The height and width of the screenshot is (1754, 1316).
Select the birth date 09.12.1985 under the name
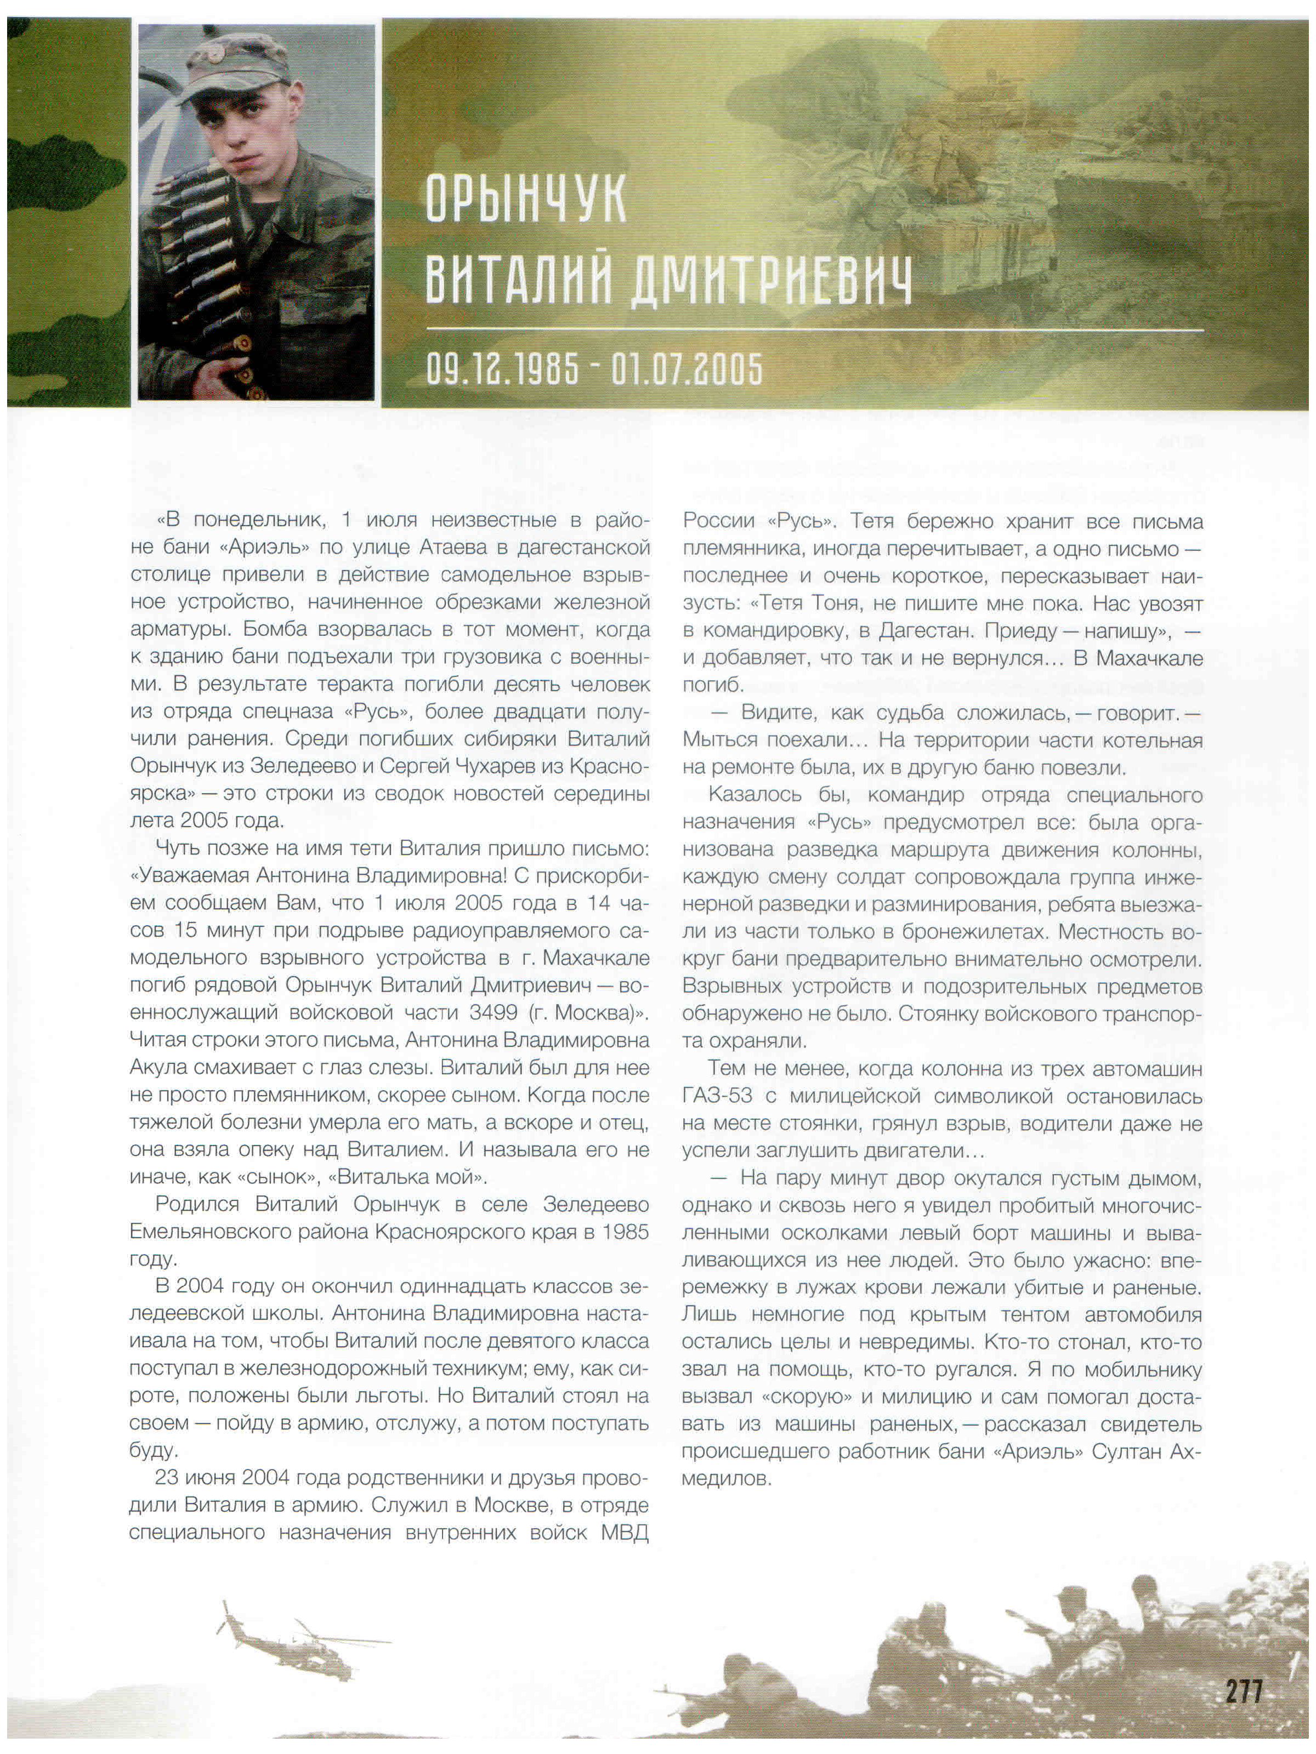[502, 369]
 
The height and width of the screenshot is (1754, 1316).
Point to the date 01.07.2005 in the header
[686, 369]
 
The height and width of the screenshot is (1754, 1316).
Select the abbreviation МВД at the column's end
[625, 1533]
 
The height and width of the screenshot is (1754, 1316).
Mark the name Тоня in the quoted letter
[835, 603]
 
